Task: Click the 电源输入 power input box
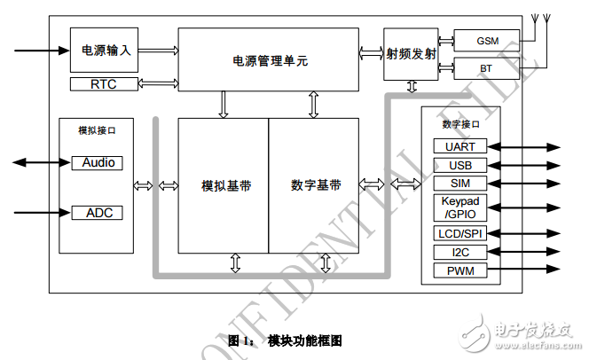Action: [x=105, y=51]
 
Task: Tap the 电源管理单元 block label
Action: [x=270, y=61]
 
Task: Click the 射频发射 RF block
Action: [x=412, y=53]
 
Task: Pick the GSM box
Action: [x=486, y=41]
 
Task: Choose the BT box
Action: [x=486, y=67]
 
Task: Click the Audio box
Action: [x=97, y=163]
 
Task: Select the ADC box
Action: [x=97, y=213]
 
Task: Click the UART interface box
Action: [x=459, y=145]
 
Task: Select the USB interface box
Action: [x=459, y=165]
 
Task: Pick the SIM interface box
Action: [x=459, y=184]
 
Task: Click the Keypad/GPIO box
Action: [x=459, y=207]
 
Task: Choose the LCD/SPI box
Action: [x=459, y=233]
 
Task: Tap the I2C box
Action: [x=459, y=252]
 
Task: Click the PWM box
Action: [x=459, y=270]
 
